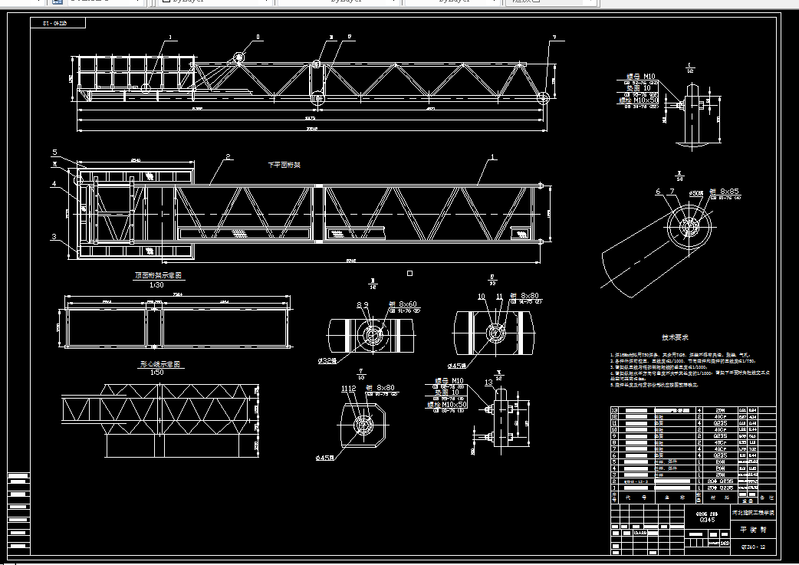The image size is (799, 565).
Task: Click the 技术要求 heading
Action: (x=676, y=337)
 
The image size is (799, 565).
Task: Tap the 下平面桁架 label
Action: (x=284, y=165)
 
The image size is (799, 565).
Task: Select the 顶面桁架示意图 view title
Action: (x=159, y=274)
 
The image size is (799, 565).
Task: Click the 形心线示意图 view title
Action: (x=157, y=364)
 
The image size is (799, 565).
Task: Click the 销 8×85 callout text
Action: (x=723, y=191)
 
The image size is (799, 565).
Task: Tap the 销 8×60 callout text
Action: (x=401, y=304)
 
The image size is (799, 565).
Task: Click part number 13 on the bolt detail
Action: (x=489, y=383)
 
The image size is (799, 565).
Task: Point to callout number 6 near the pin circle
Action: (x=658, y=192)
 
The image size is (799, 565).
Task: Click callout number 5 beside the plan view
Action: (x=54, y=153)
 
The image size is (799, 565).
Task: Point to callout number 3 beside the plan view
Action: (x=54, y=237)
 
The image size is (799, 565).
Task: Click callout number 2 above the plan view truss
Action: (x=228, y=157)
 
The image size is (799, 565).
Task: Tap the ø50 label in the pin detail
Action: (x=696, y=192)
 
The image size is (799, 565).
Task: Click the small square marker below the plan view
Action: (x=410, y=272)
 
